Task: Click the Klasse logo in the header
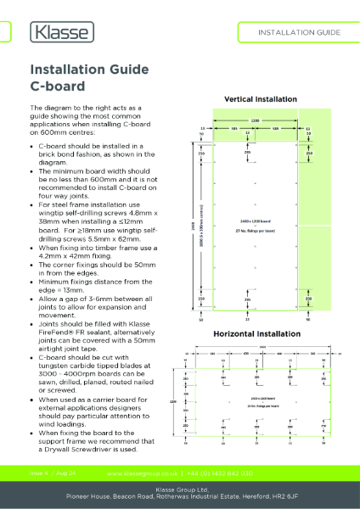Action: [x=62, y=32]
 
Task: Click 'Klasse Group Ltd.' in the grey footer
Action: [x=180, y=489]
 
